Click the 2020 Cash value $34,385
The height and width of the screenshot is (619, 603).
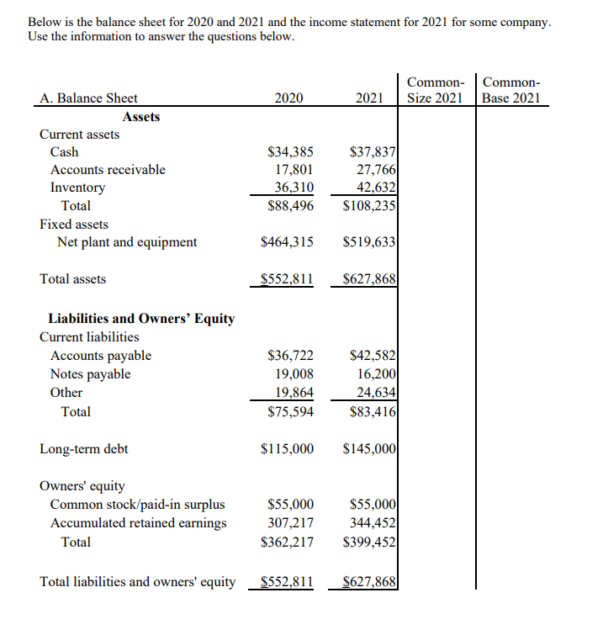(x=290, y=152)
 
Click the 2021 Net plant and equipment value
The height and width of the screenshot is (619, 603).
(x=370, y=242)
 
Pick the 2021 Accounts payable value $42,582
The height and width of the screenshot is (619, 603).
(x=373, y=357)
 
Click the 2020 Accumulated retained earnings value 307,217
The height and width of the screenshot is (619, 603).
(x=290, y=523)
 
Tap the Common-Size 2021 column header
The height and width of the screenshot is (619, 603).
(x=436, y=90)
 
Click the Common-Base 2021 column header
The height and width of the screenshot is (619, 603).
(x=513, y=90)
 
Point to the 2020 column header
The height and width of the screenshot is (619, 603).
(x=288, y=98)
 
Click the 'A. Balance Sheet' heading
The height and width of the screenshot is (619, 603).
(x=89, y=98)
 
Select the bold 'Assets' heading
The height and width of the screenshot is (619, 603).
(x=140, y=117)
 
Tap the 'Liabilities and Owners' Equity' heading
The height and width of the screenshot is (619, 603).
(x=141, y=319)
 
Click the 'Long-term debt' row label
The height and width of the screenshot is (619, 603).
(x=84, y=449)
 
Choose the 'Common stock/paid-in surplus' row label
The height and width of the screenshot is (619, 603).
(x=138, y=505)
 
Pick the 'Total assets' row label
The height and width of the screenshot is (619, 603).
(x=73, y=278)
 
